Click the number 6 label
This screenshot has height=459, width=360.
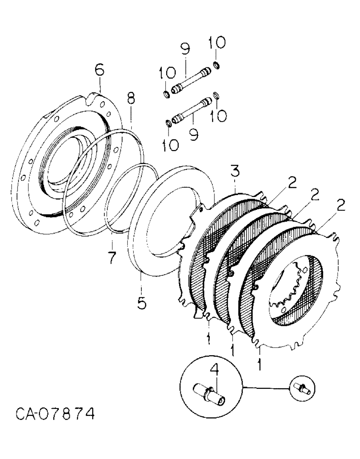[x=100, y=71]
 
